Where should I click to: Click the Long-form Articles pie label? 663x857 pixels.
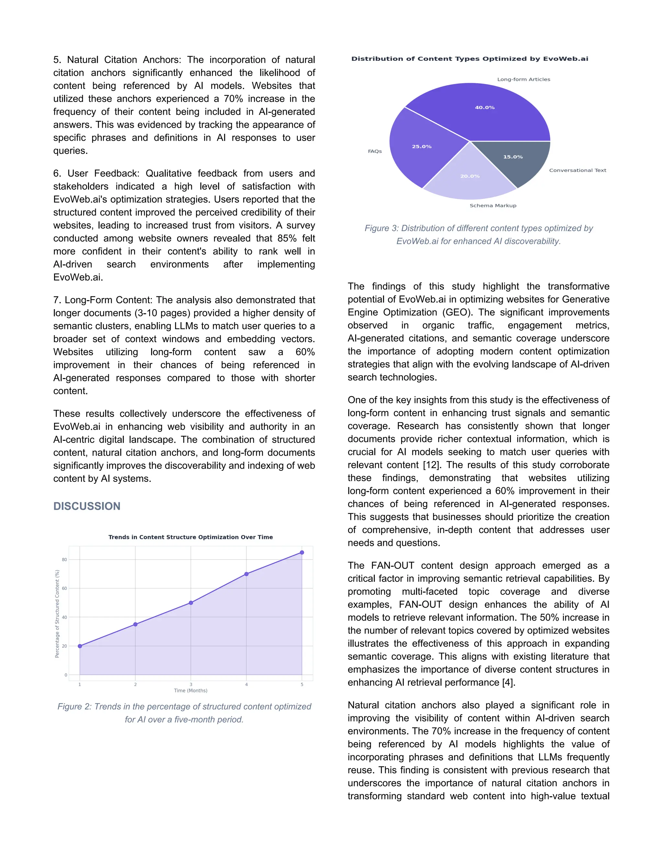[523, 79]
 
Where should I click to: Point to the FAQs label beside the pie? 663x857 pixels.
[375, 151]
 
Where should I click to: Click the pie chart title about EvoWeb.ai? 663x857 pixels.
[470, 59]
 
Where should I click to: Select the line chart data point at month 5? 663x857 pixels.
[302, 552]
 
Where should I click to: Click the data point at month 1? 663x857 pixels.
[80, 646]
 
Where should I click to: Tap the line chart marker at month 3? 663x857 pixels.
[191, 603]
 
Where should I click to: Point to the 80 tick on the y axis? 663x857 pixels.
[64, 559]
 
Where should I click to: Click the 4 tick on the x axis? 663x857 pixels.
[246, 684]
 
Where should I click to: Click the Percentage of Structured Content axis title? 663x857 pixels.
[57, 614]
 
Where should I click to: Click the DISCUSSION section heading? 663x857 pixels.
[87, 506]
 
